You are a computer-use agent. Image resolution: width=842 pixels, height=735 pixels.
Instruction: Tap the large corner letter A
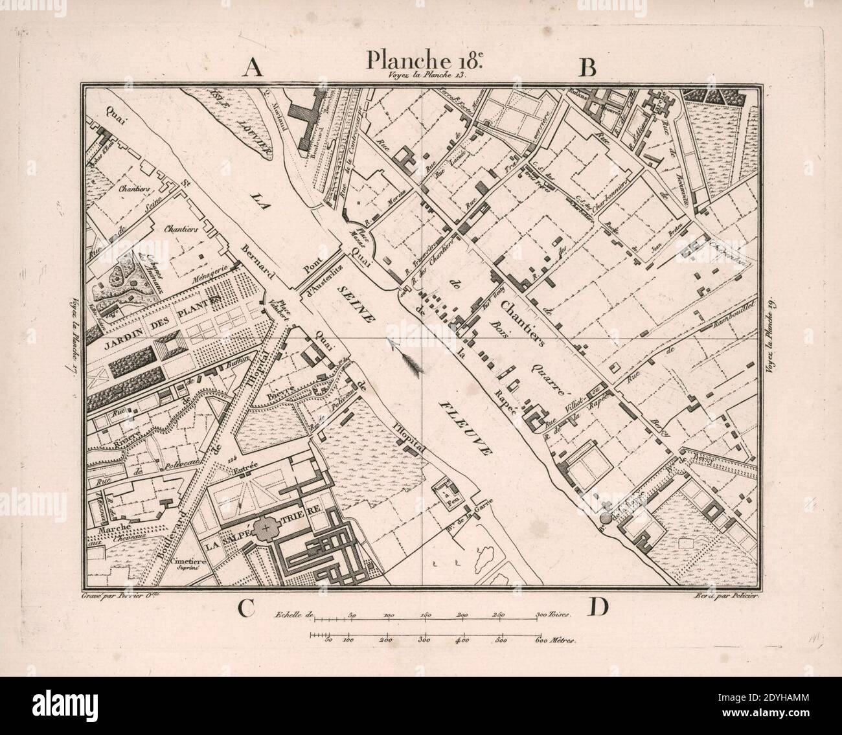[252, 68]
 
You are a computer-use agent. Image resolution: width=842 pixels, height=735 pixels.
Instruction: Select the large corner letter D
[598, 607]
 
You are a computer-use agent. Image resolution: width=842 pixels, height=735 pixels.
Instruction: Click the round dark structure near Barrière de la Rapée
[606, 517]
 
